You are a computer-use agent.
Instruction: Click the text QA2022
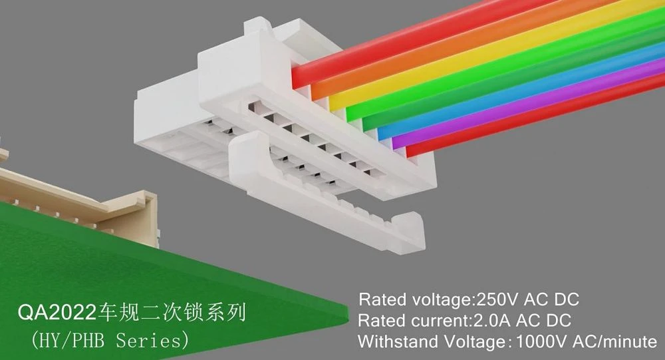57,313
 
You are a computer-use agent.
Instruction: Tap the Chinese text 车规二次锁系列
172,313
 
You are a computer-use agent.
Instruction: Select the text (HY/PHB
68,341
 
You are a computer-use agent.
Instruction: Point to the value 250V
497,299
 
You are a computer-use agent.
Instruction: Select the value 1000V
540,342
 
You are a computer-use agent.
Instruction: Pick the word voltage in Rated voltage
441,299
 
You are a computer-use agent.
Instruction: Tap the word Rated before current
382,321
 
